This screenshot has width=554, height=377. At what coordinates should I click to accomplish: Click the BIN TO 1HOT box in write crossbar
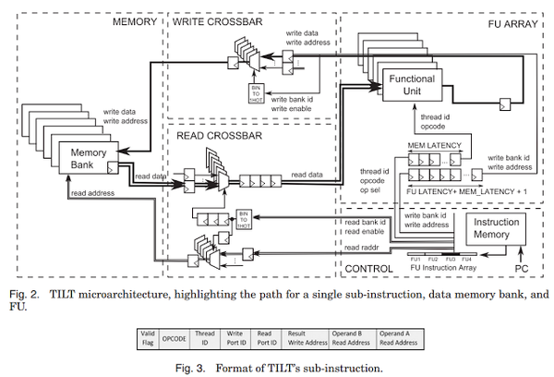257,93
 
